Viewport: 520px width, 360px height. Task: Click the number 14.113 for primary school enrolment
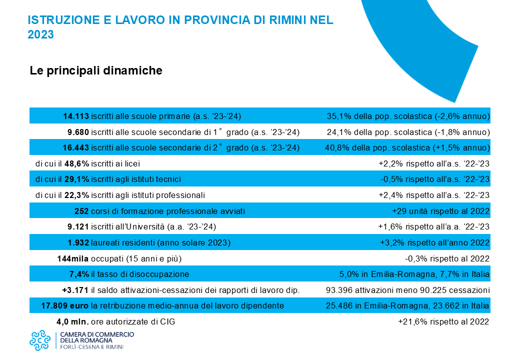pyautogui.click(x=76, y=116)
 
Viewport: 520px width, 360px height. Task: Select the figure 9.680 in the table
pyautogui.click(x=78, y=132)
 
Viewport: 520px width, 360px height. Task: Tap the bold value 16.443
pyautogui.click(x=76, y=148)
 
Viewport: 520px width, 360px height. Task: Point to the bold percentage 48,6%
pyautogui.click(x=76, y=164)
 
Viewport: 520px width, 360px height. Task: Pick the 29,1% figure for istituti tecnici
pyautogui.click(x=76, y=179)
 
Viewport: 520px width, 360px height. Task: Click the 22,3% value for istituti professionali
pyautogui.click(x=76, y=195)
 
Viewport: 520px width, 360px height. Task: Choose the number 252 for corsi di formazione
pyautogui.click(x=81, y=211)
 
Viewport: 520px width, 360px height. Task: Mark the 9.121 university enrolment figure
pyautogui.click(x=78, y=226)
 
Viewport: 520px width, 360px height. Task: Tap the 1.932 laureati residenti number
pyautogui.click(x=78, y=242)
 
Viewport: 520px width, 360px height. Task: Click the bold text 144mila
pyautogui.click(x=73, y=258)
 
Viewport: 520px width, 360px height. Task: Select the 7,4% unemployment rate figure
pyautogui.click(x=79, y=274)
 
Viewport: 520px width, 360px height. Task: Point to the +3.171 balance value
pyautogui.click(x=75, y=290)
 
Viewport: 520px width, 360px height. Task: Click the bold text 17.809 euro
pyautogui.click(x=64, y=305)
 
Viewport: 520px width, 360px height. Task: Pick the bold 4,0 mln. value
pyautogui.click(x=72, y=321)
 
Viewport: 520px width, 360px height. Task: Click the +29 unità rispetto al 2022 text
pyautogui.click(x=440, y=211)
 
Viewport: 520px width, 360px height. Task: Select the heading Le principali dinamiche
pyautogui.click(x=96, y=70)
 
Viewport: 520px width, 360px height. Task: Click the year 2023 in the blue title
pyautogui.click(x=41, y=34)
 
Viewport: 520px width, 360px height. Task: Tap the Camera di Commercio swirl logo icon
pyautogui.click(x=40, y=340)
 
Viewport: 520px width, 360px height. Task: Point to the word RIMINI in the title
pyautogui.click(x=288, y=20)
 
